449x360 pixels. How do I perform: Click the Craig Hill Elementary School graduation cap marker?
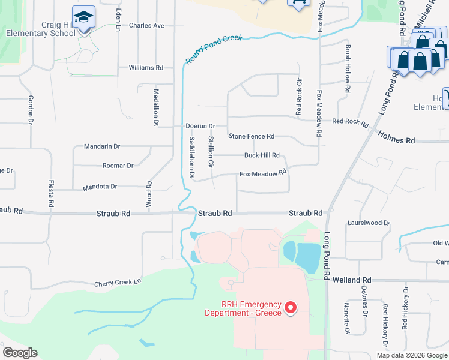pos(83,18)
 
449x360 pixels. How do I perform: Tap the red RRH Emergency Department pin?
pos(291,308)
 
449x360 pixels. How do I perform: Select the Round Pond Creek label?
pos(214,49)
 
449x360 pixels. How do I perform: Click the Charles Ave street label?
pos(146,26)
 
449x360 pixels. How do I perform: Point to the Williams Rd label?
pos(146,68)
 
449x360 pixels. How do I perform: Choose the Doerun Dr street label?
pos(200,127)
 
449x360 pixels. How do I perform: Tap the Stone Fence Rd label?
pos(252,136)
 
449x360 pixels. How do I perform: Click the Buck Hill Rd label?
pos(262,155)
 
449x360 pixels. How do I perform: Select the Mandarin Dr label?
pos(102,146)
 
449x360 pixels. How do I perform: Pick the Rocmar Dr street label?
pos(118,166)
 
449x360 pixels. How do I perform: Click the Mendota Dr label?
pos(100,187)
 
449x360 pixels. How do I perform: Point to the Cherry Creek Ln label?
pos(117,282)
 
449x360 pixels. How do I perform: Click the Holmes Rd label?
pos(396,140)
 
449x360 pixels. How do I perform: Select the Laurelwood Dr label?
pos(369,223)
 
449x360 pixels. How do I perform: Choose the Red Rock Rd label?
pos(349,122)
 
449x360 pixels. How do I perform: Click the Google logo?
pos(20,353)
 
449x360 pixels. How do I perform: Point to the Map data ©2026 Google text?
pos(412,355)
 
